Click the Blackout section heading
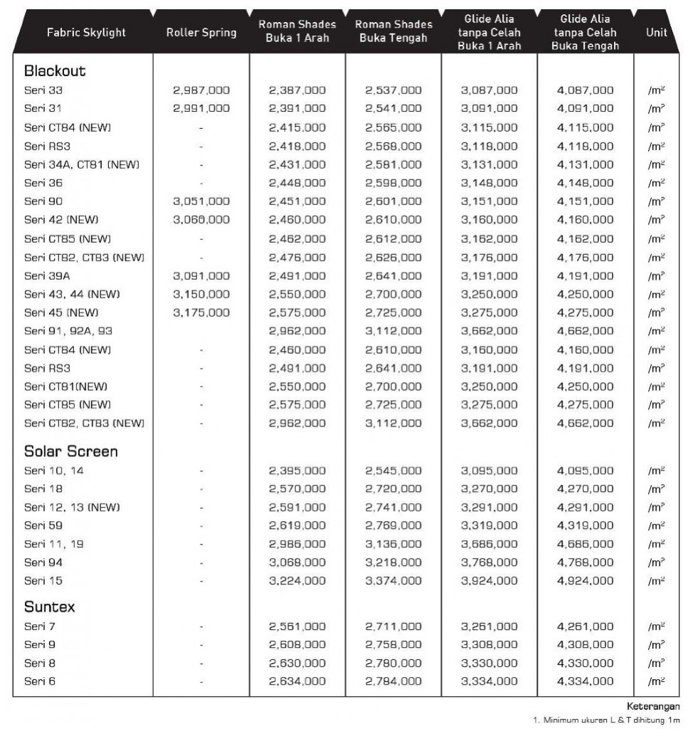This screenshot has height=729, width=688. click(x=55, y=71)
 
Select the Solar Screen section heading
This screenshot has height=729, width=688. click(x=70, y=451)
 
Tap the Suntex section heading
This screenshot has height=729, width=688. click(x=49, y=607)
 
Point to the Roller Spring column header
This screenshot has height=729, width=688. click(x=201, y=33)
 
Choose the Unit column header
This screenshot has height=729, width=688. click(x=656, y=33)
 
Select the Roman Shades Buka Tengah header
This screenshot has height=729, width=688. click(x=393, y=32)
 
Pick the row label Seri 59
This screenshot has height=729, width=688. click(x=43, y=525)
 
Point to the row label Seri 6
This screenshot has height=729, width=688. click(x=40, y=681)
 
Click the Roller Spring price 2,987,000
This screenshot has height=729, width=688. click(x=201, y=90)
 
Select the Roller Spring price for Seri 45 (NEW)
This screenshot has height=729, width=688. click(x=201, y=313)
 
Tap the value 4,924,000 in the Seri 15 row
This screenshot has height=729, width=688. click(x=585, y=581)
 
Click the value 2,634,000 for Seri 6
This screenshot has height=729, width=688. click(x=297, y=681)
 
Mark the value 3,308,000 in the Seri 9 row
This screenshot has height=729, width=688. click(x=489, y=645)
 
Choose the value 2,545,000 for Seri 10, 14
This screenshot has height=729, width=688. click(x=393, y=471)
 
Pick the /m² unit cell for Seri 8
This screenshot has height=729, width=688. click(x=656, y=664)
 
